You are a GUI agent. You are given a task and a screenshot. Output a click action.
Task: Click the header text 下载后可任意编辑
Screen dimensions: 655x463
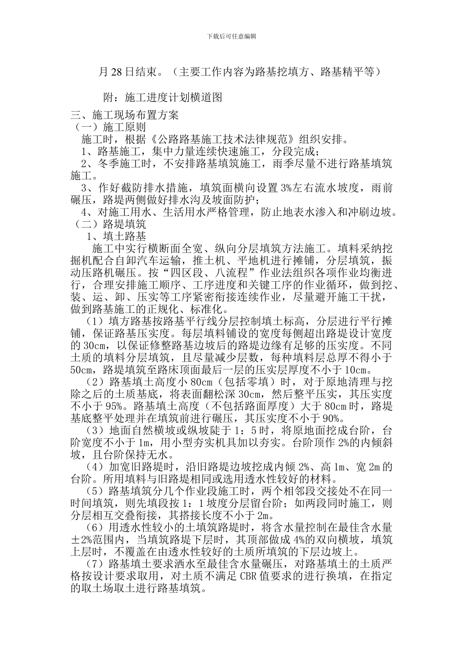click(x=232, y=37)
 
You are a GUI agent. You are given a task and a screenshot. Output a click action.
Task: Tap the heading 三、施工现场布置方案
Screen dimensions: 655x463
click(x=125, y=116)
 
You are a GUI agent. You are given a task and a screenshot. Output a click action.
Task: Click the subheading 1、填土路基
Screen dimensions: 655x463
click(x=116, y=237)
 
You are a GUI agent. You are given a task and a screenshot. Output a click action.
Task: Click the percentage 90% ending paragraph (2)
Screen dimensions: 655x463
click(x=333, y=418)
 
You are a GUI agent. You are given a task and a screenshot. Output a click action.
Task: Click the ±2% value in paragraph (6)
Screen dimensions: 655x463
click(x=82, y=539)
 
